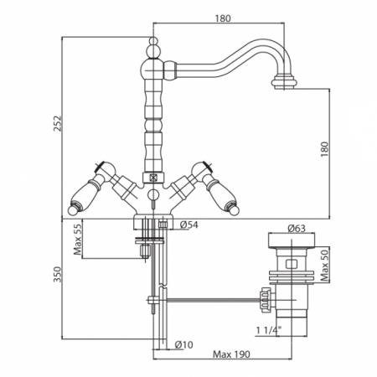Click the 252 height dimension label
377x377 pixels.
pos(58,123)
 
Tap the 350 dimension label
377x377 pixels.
pos(58,274)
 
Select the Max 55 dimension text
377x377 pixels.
pos(78,240)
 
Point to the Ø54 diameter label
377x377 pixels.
pos(189,225)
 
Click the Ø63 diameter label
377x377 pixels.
pos(297,229)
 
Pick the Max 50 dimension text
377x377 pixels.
pos(325,266)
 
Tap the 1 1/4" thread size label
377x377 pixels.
pos(269,330)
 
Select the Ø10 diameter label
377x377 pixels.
pos(184,345)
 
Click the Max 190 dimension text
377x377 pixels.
pos(231,354)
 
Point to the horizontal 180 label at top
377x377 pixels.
pos(223,18)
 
